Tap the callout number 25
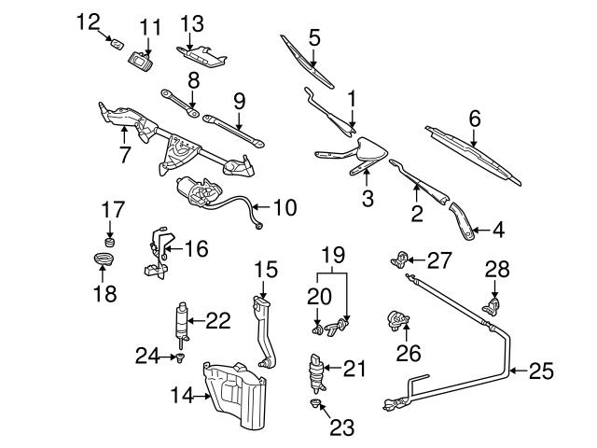[x=541, y=371]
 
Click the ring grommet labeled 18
[x=104, y=257]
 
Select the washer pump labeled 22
[x=181, y=319]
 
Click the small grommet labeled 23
[x=316, y=403]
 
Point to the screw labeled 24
[x=179, y=356]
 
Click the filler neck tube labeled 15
[x=264, y=331]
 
